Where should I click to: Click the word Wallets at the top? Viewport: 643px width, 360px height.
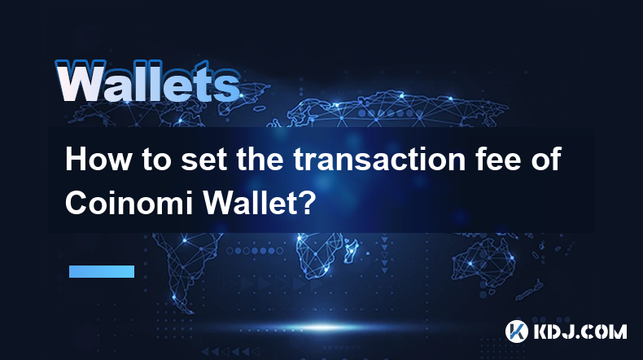coord(147,81)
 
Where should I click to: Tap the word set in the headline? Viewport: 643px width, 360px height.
coord(203,160)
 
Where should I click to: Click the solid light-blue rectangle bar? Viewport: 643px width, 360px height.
coord(102,271)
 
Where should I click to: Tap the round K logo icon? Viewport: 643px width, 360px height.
coord(516,331)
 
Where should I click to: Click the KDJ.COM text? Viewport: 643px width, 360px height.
coord(580,331)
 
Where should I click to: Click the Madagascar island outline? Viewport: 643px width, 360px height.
coord(352,249)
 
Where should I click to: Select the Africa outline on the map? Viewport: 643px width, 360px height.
coord(317,252)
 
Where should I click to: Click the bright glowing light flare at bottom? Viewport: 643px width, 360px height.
coord(324,327)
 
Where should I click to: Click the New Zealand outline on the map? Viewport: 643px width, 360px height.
coord(529,290)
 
